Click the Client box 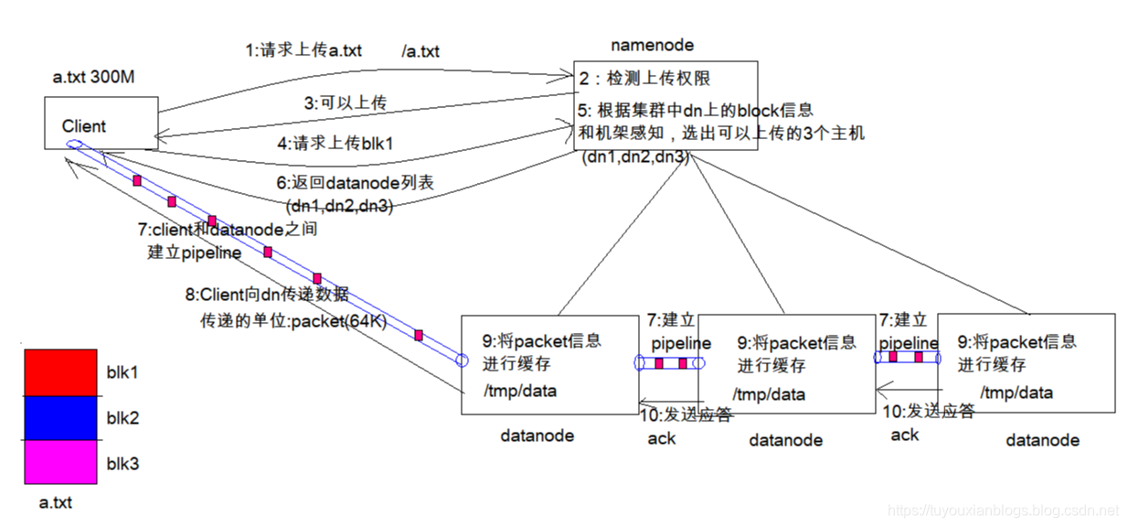tap(101, 124)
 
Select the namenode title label tap(652, 45)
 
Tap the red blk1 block tap(60, 372)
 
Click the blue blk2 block tap(60, 417)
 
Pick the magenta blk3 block tap(60, 462)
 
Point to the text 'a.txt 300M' tap(94, 79)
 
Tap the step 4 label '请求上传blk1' tap(330, 143)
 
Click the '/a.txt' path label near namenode tap(420, 52)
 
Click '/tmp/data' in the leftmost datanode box tap(520, 391)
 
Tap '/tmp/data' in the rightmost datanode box tap(1016, 393)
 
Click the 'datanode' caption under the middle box tap(785, 440)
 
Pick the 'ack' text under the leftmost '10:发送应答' tap(661, 438)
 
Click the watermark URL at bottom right tap(1004, 509)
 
